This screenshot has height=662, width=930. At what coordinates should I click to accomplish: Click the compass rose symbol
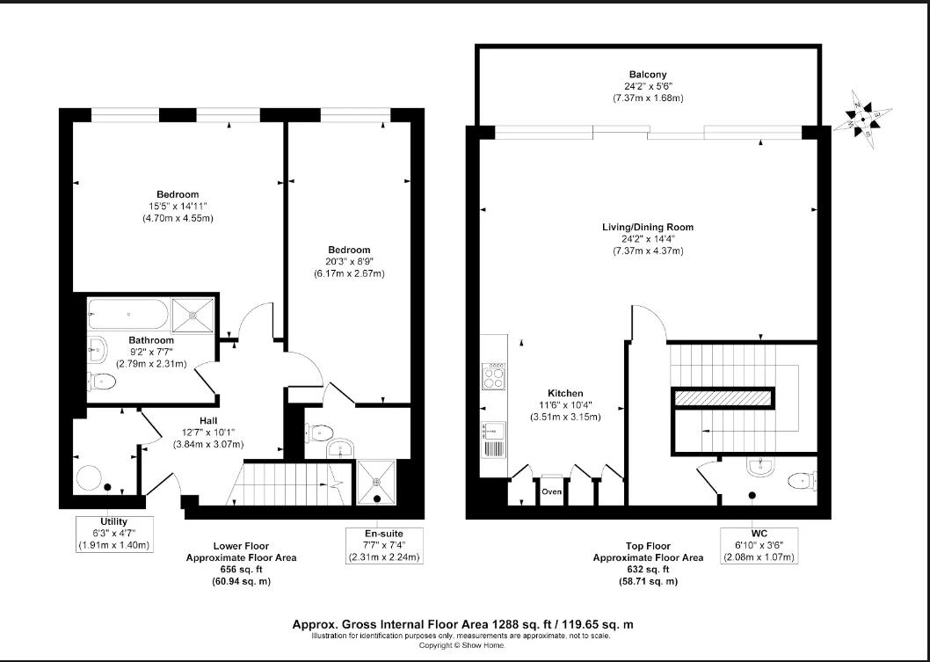click(x=863, y=120)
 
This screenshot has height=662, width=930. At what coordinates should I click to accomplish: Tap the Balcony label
click(x=647, y=75)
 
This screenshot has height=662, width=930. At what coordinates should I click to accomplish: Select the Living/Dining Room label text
click(x=648, y=228)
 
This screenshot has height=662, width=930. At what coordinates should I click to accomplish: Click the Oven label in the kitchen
click(x=551, y=491)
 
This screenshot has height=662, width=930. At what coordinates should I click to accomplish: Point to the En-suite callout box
click(x=384, y=545)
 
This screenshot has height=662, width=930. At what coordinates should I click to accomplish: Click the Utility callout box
click(x=114, y=534)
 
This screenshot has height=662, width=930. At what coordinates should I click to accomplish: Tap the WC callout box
click(x=758, y=545)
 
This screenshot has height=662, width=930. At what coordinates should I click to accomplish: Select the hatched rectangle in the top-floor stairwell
click(x=723, y=398)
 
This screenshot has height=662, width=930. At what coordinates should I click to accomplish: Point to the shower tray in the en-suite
click(x=379, y=482)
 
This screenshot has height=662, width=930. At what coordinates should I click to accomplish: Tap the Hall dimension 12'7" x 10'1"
click(x=208, y=433)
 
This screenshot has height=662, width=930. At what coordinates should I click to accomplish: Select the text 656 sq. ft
click(x=241, y=570)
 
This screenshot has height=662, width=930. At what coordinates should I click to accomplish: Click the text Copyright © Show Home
click(x=462, y=644)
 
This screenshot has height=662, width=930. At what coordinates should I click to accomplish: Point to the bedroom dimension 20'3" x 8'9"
click(x=349, y=262)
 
